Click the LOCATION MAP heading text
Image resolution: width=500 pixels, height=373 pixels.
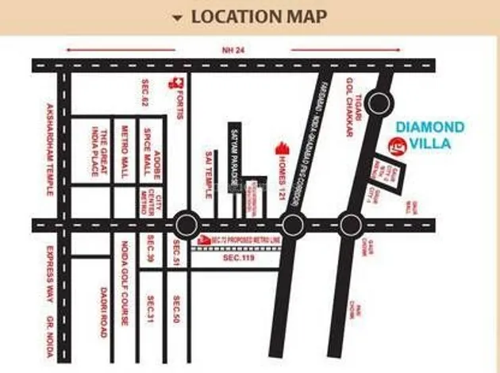coord(260,17)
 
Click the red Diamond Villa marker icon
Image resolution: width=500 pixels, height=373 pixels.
coord(394,145)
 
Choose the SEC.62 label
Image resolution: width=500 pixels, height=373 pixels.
coord(145,94)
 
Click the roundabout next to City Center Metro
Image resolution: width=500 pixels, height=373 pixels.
coord(185,224)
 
